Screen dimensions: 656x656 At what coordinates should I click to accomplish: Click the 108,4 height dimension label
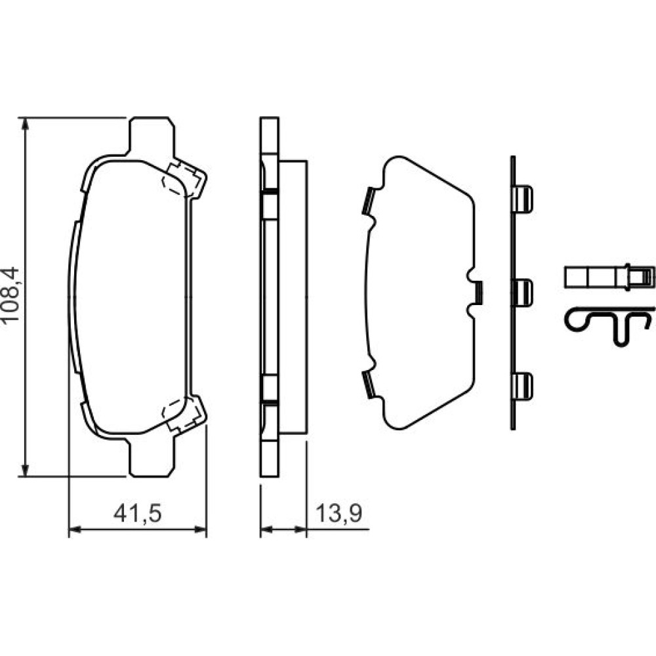[10, 294]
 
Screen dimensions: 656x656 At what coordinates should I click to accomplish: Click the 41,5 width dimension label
[138, 513]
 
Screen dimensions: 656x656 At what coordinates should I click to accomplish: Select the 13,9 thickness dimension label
[338, 513]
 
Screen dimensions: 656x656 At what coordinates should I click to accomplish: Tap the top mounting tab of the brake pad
[151, 136]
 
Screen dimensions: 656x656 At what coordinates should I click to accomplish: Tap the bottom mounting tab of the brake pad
[151, 457]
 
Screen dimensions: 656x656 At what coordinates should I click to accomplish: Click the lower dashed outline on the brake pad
[180, 414]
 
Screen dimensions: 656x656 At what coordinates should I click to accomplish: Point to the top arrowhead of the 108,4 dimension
[26, 124]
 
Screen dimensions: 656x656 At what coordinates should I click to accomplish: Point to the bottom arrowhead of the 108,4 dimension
[26, 470]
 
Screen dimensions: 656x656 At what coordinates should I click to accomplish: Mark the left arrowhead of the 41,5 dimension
[75, 529]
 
